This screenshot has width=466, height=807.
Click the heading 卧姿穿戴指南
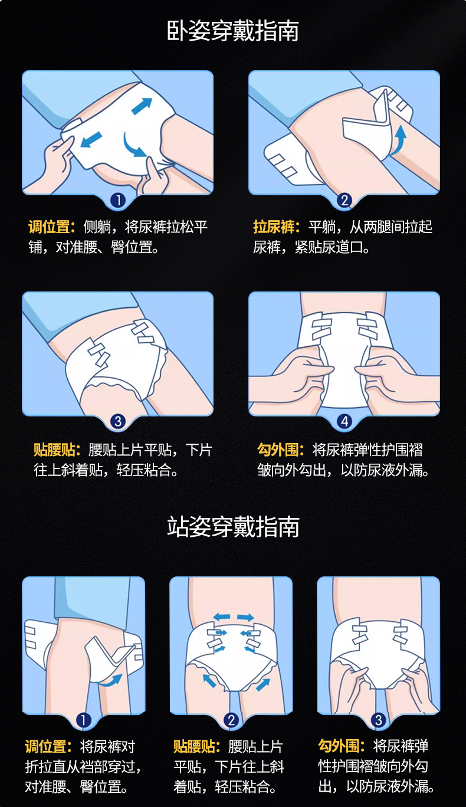pyautogui.click(x=232, y=31)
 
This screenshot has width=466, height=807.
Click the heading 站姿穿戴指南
pyautogui.click(x=233, y=526)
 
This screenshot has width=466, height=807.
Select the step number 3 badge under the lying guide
pyautogui.click(x=118, y=421)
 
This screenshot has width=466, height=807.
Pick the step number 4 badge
pyautogui.click(x=344, y=421)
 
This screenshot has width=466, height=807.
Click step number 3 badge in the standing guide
pyautogui.click(x=378, y=720)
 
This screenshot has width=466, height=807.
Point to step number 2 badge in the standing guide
pyautogui.click(x=231, y=720)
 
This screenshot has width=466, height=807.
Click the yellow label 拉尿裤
pyautogui.click(x=276, y=227)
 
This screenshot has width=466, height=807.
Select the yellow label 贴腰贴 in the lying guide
pyautogui.click(x=57, y=450)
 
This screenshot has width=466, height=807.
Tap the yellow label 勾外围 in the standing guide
pyautogui.click(x=342, y=746)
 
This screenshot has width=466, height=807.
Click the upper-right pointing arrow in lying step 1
pyautogui.click(x=142, y=106)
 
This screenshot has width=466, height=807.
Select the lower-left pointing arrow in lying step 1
pyautogui.click(x=91, y=139)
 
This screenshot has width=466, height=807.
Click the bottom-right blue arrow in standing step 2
pyautogui.click(x=263, y=684)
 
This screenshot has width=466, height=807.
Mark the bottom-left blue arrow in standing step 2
pyautogui.click(x=210, y=681)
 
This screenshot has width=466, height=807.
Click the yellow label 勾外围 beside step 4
pyautogui.click(x=281, y=450)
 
